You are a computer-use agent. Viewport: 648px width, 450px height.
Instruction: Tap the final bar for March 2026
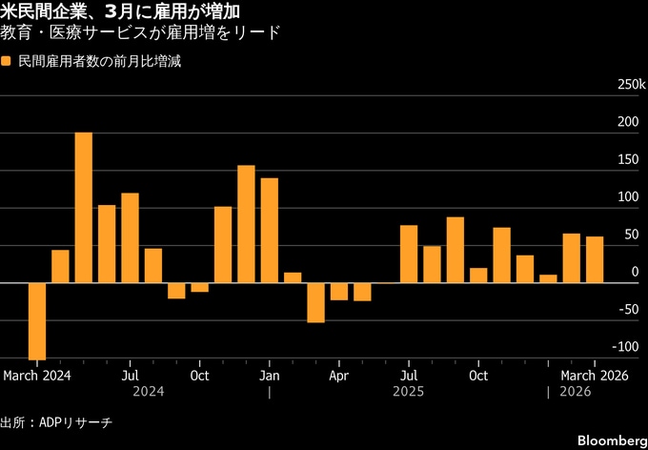point(595,259)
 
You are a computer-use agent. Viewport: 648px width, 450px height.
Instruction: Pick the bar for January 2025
point(270,230)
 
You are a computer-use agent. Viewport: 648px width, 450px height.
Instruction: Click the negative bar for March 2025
point(315,302)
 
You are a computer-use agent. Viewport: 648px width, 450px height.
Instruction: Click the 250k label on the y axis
point(631,86)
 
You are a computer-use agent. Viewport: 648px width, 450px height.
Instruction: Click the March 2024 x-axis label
point(37,376)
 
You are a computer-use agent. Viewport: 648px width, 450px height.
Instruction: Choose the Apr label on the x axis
point(339,376)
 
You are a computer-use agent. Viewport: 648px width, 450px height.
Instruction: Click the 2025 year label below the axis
point(408,392)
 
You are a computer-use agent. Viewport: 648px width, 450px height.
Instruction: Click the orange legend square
point(7,61)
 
